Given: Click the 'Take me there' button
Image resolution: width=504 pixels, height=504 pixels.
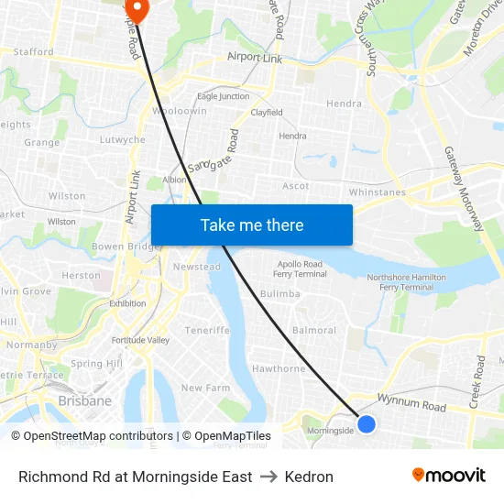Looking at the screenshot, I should (x=252, y=225).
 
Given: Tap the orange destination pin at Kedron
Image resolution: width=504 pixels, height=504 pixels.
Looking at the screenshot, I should (x=137, y=9).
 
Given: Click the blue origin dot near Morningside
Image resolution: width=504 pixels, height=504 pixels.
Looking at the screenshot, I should (x=367, y=423).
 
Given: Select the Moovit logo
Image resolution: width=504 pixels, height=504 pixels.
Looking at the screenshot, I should (x=449, y=476).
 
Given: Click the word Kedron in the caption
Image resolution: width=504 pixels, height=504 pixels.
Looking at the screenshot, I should (x=309, y=477).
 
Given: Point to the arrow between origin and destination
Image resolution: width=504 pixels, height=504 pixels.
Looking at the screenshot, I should (x=268, y=477).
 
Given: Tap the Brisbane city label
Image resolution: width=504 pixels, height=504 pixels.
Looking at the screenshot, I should (x=84, y=400).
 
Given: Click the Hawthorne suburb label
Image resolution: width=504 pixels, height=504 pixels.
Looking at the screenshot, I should (x=279, y=369).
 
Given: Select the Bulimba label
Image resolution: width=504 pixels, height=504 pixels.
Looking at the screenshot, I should (x=280, y=294).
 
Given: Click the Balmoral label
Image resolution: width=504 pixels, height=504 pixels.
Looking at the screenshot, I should (x=313, y=330).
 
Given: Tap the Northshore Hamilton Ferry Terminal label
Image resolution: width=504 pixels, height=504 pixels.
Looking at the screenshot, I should (x=406, y=282).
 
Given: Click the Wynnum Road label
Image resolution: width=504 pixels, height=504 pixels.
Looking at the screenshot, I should (x=415, y=406).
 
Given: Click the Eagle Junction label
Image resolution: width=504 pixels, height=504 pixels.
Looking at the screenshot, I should (x=224, y=96).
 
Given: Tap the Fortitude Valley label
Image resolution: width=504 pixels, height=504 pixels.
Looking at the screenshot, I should (x=140, y=340).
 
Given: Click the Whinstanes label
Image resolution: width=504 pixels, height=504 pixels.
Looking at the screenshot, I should (x=378, y=192).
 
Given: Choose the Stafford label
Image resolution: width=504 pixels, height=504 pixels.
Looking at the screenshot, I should (x=34, y=52).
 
